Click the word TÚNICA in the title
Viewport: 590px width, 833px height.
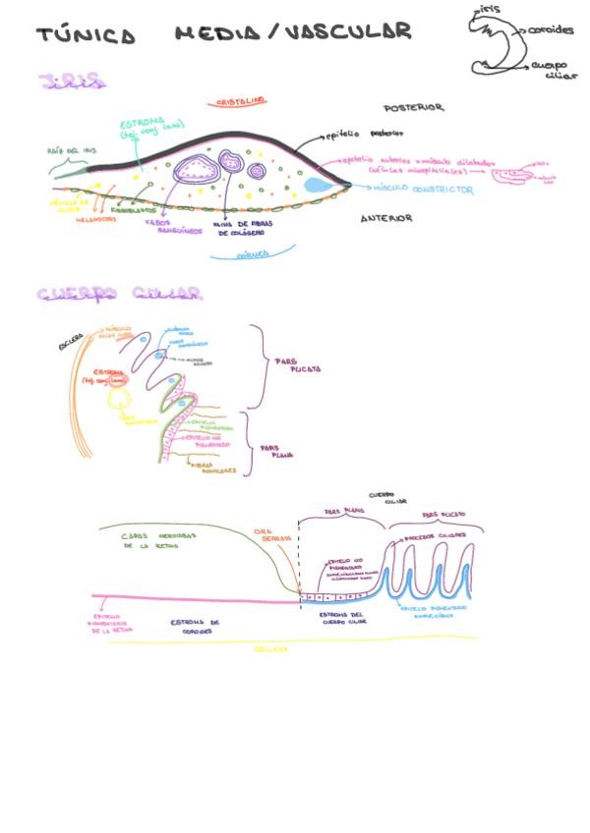click(x=86, y=35)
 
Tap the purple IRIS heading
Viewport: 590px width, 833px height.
click(x=73, y=83)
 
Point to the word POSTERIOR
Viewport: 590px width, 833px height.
click(x=413, y=107)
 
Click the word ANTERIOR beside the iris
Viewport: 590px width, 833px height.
click(x=385, y=218)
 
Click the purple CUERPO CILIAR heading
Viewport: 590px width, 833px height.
click(x=120, y=294)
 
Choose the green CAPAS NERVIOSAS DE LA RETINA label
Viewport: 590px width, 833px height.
click(x=156, y=540)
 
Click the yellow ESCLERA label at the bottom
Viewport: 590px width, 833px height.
click(x=270, y=649)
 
